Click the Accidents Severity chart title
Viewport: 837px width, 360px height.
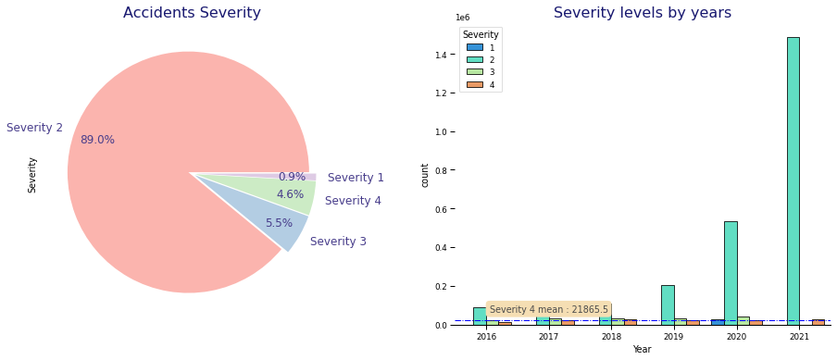click(x=192, y=13)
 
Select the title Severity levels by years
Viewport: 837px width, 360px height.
click(x=643, y=13)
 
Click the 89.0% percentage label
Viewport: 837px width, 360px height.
click(x=97, y=140)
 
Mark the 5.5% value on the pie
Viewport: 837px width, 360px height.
click(x=279, y=223)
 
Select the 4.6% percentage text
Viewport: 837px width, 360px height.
click(x=290, y=194)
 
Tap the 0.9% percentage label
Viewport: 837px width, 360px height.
click(x=292, y=177)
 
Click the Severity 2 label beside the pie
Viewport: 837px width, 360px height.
click(x=34, y=128)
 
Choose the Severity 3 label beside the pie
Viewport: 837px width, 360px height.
click(x=338, y=242)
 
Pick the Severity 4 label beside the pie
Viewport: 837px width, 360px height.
click(x=353, y=201)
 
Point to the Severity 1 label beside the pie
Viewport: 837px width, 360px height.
click(x=356, y=178)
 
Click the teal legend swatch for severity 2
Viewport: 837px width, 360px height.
click(x=474, y=59)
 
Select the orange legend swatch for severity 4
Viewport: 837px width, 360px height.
click(x=474, y=85)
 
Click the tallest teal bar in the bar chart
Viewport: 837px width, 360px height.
click(x=793, y=180)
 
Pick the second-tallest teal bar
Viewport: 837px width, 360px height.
click(x=731, y=272)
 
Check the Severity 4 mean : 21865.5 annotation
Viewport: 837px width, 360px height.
click(x=548, y=309)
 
